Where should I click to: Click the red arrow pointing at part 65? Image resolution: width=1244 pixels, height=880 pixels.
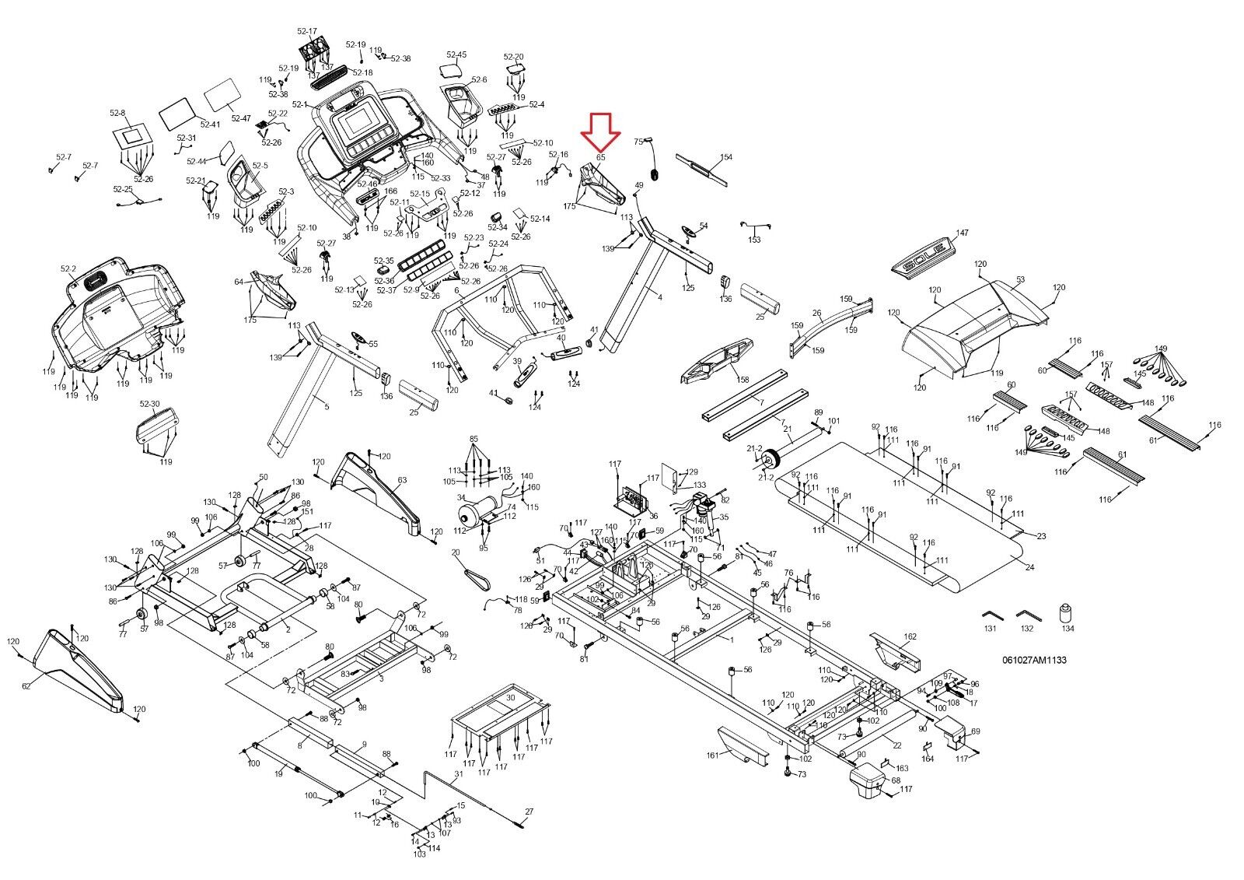pyautogui.click(x=601, y=131)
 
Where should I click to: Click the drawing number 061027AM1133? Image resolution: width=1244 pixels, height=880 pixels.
pyautogui.click(x=1034, y=660)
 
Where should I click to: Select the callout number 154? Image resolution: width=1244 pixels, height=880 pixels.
pyautogui.click(x=725, y=158)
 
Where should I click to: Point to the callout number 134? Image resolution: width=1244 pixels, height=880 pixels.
pyautogui.click(x=1068, y=629)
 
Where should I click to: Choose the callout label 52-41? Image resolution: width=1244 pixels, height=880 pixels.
pyautogui.click(x=209, y=124)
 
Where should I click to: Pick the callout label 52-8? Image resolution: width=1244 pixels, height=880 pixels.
pyautogui.click(x=118, y=114)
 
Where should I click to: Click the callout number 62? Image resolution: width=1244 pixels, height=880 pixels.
pyautogui.click(x=26, y=685)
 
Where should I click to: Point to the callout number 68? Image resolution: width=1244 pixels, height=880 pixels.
pyautogui.click(x=895, y=780)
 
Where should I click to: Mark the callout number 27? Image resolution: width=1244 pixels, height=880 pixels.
pyautogui.click(x=529, y=812)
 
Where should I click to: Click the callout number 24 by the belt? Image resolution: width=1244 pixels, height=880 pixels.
pyautogui.click(x=1030, y=567)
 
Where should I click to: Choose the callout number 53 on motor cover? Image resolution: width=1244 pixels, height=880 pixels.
pyautogui.click(x=1019, y=279)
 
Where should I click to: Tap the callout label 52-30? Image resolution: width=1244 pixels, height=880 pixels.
pyautogui.click(x=149, y=404)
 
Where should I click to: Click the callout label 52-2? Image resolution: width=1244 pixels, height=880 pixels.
pyautogui.click(x=68, y=269)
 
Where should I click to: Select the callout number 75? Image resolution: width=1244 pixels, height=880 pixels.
pyautogui.click(x=638, y=142)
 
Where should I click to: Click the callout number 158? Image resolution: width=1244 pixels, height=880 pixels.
pyautogui.click(x=743, y=379)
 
